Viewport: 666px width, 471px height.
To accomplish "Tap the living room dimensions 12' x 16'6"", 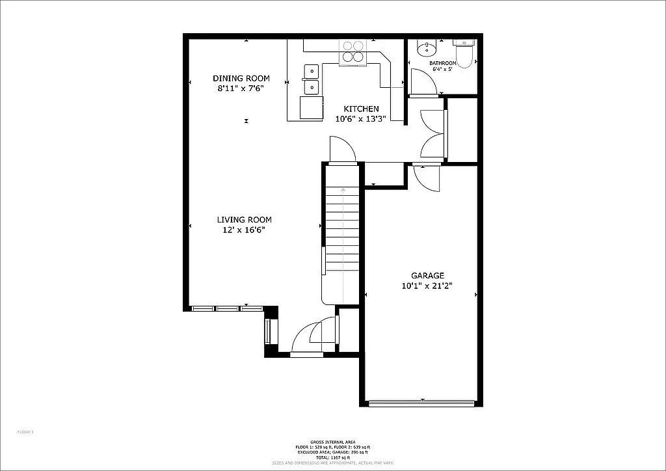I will click(243, 230).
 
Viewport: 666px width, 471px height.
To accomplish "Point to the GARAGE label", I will click(427, 275).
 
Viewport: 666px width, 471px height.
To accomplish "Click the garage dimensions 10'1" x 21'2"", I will click(427, 286).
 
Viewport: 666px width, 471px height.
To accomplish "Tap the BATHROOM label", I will click(443, 63).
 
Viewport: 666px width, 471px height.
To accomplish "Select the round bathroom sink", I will click(425, 48).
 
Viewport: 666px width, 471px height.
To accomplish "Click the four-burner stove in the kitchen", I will click(353, 51).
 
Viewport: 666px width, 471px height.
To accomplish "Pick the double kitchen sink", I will click(311, 79).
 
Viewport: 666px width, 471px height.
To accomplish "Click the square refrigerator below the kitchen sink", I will click(311, 107).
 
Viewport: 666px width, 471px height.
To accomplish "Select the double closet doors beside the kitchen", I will click(434, 134).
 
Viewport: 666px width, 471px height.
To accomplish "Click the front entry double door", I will click(316, 336).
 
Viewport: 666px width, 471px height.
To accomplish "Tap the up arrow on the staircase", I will click(343, 190).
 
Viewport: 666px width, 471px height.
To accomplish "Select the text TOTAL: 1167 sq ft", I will click(332, 458).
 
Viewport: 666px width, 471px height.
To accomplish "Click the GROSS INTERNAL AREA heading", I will click(332, 442).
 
